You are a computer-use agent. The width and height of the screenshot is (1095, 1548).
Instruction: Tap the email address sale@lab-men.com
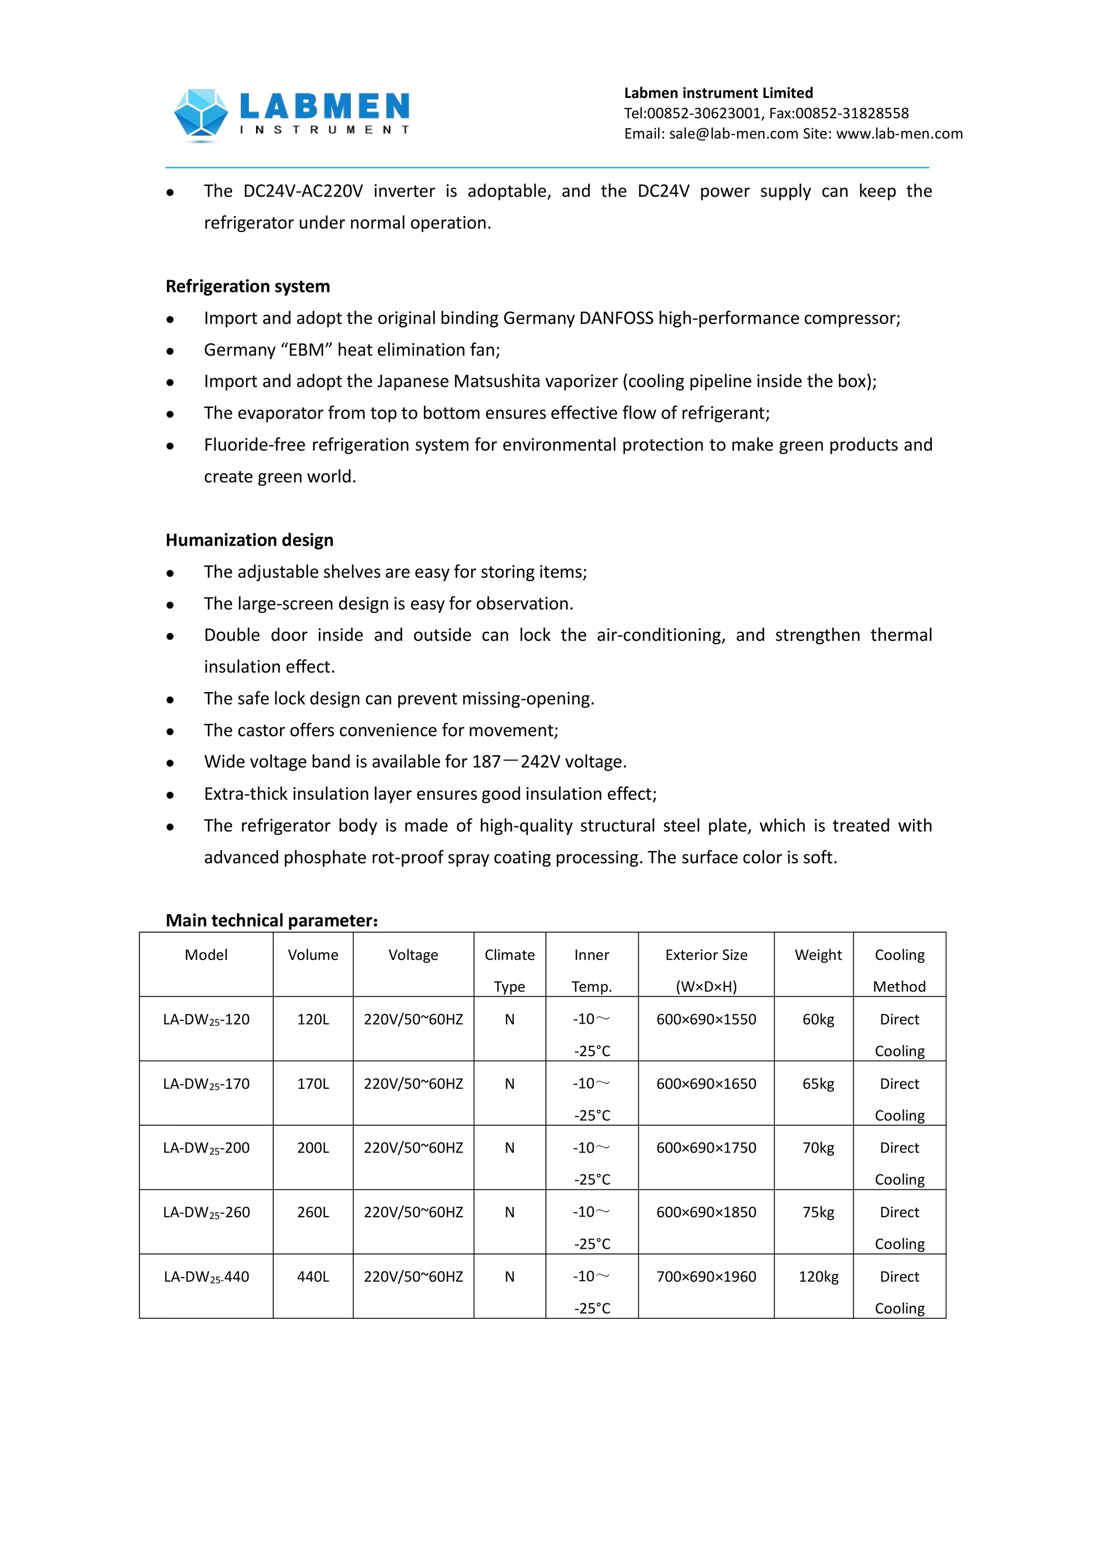(733, 134)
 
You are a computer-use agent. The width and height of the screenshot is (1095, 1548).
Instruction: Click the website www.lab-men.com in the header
(899, 134)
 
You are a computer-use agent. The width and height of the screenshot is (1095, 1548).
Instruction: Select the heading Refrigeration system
(248, 287)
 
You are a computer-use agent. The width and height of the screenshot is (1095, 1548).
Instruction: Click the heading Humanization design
(250, 540)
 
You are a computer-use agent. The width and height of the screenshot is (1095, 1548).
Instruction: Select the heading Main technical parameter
(272, 920)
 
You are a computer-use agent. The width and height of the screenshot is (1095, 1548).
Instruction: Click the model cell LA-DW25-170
(206, 1084)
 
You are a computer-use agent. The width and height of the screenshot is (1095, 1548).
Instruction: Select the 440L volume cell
(313, 1277)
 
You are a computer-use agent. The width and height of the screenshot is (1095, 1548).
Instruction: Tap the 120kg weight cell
(818, 1277)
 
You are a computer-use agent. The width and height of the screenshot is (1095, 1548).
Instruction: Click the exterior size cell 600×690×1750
(706, 1148)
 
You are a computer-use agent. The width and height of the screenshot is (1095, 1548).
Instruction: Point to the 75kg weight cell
(818, 1212)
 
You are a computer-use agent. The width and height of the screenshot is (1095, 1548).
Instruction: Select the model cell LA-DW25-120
(206, 1020)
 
